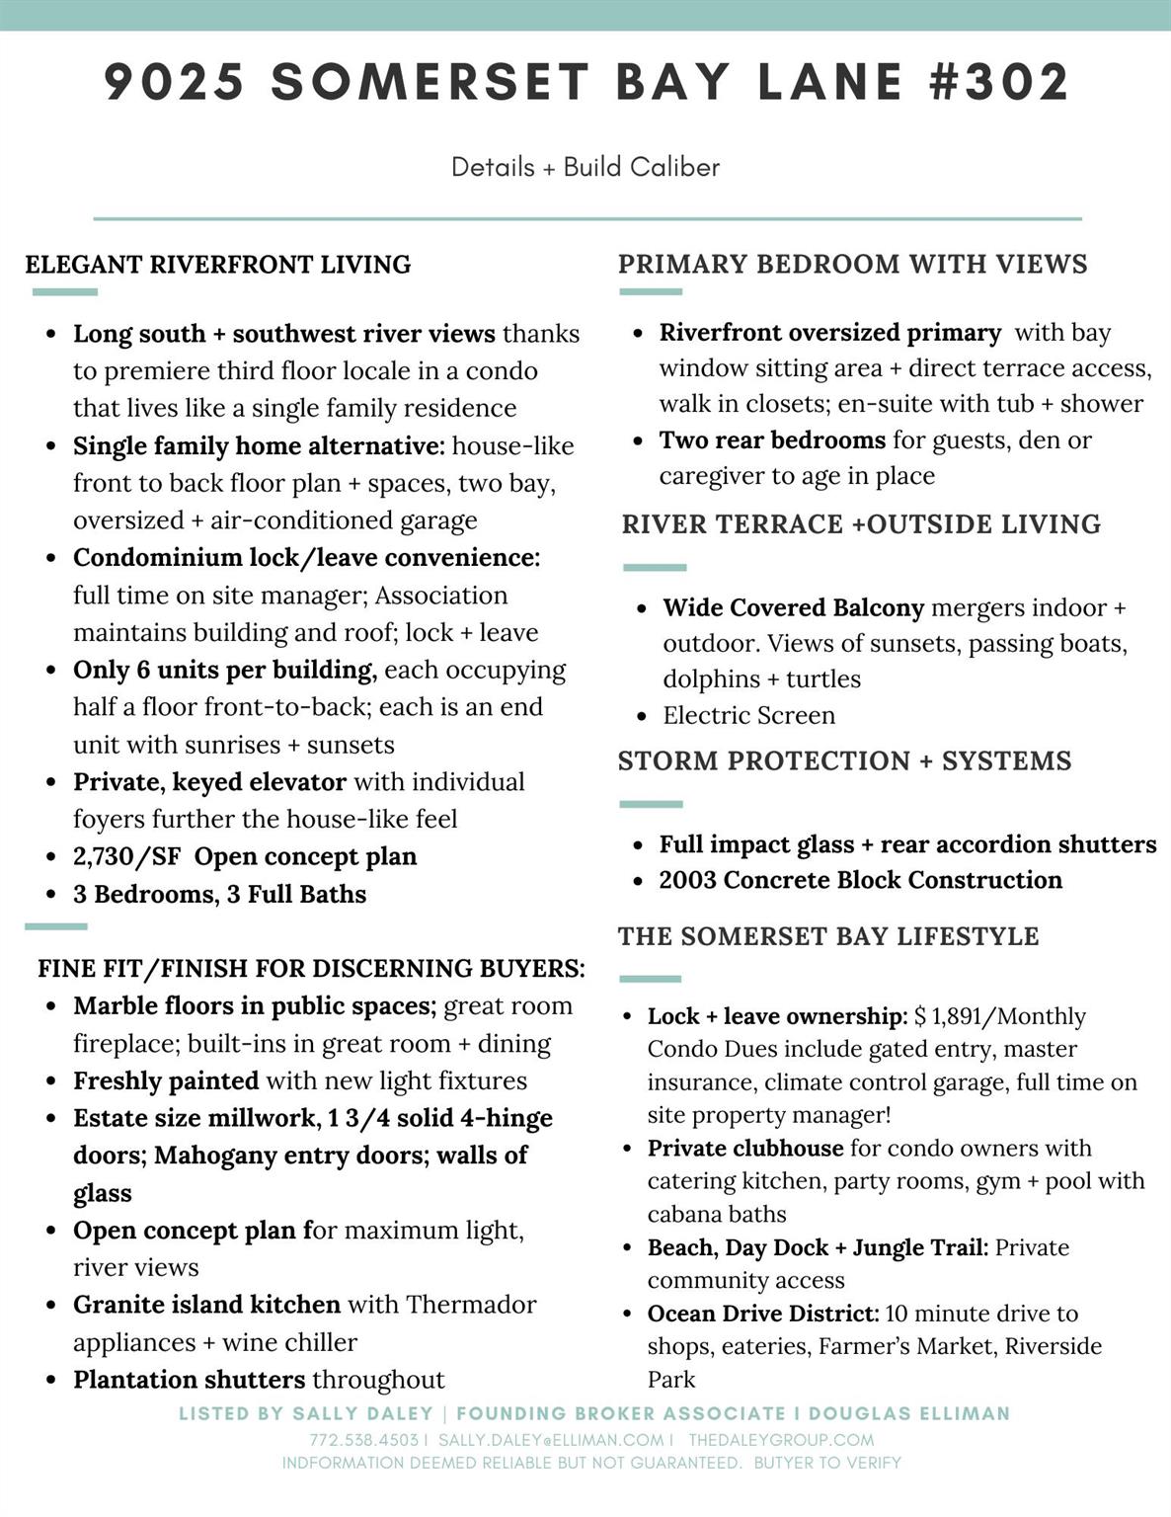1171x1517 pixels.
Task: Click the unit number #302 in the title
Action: (x=999, y=81)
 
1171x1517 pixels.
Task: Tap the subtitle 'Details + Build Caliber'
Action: (x=585, y=167)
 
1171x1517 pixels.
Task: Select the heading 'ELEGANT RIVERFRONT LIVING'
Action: (x=218, y=265)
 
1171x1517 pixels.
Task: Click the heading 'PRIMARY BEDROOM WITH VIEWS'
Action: (x=852, y=264)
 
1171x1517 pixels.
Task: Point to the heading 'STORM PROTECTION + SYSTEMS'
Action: (x=844, y=760)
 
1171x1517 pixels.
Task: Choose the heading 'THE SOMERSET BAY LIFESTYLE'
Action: (x=828, y=936)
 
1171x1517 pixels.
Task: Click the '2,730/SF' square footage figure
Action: (x=126, y=856)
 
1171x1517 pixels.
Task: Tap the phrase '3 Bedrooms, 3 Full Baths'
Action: (x=219, y=894)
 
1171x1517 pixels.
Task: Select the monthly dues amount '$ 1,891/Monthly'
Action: (x=999, y=1016)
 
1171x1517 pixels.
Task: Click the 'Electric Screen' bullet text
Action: (x=748, y=715)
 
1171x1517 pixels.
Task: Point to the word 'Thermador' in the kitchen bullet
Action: (x=470, y=1305)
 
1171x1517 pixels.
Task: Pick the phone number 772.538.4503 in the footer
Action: (x=363, y=1440)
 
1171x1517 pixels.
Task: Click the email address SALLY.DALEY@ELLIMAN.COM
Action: (x=551, y=1440)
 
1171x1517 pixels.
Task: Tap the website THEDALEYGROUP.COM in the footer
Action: (x=781, y=1440)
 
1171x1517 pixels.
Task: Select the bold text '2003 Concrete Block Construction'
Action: (x=860, y=880)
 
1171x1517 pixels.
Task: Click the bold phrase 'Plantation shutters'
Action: (x=189, y=1380)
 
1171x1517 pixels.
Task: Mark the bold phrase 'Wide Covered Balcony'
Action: (x=793, y=607)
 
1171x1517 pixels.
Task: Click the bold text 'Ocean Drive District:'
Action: (x=762, y=1314)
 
